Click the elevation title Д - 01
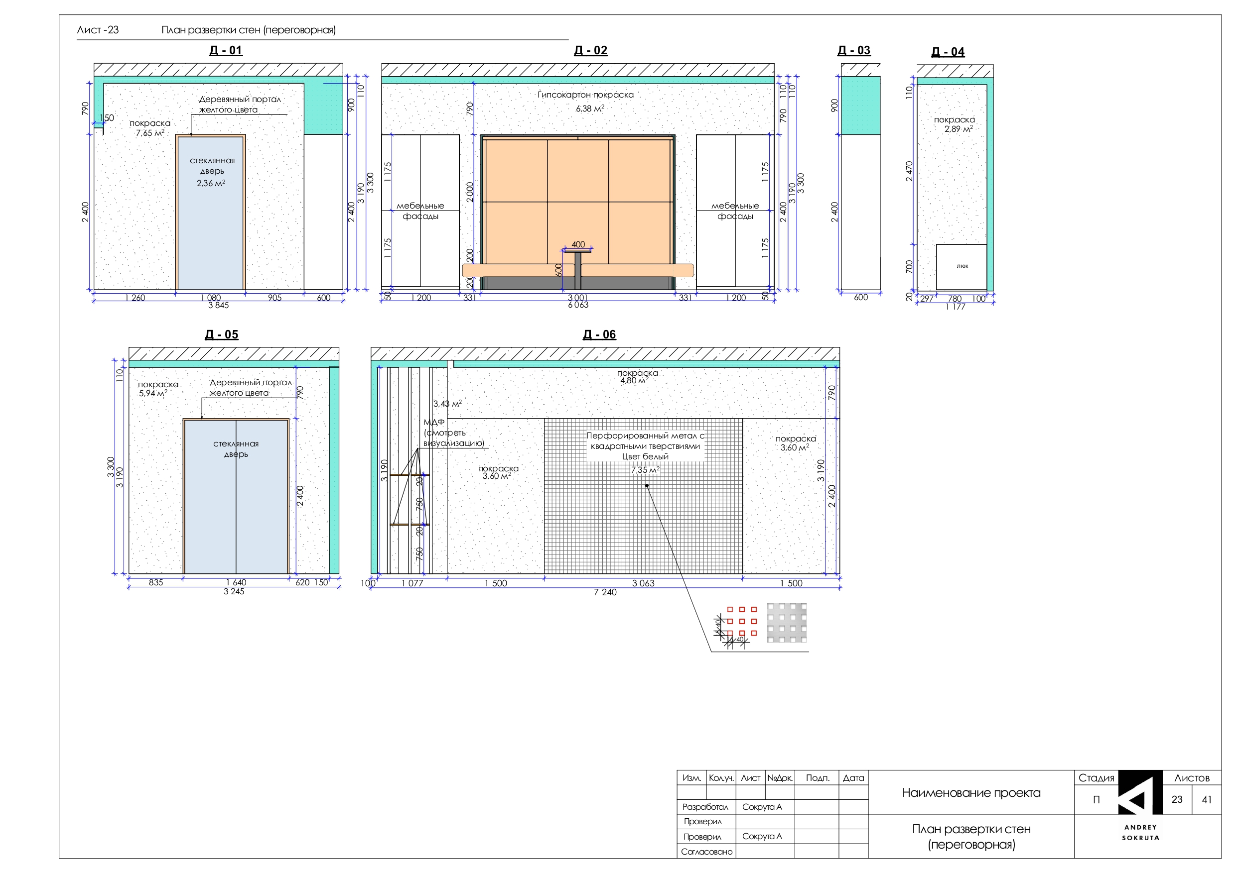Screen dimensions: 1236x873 pyautogui.click(x=226, y=51)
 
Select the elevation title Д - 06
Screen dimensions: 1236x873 pyautogui.click(x=599, y=334)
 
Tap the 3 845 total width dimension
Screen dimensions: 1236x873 pyautogui.click(x=218, y=306)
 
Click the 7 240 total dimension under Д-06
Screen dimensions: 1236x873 pyautogui.click(x=605, y=592)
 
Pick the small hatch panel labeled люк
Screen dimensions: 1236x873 pyautogui.click(x=961, y=267)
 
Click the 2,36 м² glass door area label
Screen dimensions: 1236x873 pyautogui.click(x=211, y=184)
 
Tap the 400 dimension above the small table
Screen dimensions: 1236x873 pyautogui.click(x=578, y=245)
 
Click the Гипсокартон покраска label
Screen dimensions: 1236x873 pyautogui.click(x=585, y=95)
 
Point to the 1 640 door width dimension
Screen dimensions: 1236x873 pyautogui.click(x=236, y=582)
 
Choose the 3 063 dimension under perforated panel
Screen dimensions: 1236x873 pyautogui.click(x=643, y=583)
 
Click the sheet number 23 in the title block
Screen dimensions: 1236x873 pyautogui.click(x=1177, y=799)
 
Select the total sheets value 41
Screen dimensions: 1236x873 pyautogui.click(x=1207, y=799)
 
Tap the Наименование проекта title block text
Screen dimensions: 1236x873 pyautogui.click(x=971, y=792)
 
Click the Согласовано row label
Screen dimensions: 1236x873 pyautogui.click(x=706, y=852)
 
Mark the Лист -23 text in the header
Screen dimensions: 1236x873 pyautogui.click(x=98, y=30)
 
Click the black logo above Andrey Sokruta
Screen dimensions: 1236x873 pyautogui.click(x=1140, y=795)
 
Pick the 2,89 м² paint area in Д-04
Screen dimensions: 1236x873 pyautogui.click(x=958, y=129)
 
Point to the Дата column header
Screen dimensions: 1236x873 pyautogui.click(x=853, y=778)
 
